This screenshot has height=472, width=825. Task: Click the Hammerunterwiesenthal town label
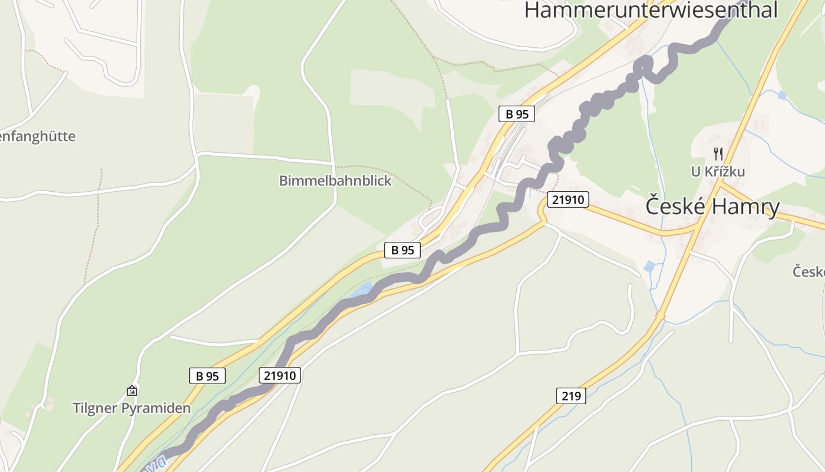click(x=651, y=10)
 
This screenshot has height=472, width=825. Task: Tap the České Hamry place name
click(x=712, y=206)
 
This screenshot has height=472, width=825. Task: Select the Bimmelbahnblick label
click(x=335, y=181)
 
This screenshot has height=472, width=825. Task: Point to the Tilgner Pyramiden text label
click(x=131, y=408)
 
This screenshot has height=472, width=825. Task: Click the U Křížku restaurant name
click(x=718, y=172)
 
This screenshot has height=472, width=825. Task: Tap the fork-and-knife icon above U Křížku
click(x=718, y=154)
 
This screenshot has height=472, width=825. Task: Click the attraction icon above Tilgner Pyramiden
click(x=132, y=391)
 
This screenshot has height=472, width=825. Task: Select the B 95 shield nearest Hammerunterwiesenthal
click(x=517, y=114)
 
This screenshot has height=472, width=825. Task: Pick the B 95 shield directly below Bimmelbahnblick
click(x=402, y=250)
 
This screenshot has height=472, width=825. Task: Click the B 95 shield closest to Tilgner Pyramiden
click(x=207, y=376)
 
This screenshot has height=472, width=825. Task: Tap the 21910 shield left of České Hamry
click(x=568, y=199)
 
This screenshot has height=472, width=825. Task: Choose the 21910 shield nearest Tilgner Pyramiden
click(x=280, y=375)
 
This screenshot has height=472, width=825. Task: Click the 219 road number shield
click(x=571, y=396)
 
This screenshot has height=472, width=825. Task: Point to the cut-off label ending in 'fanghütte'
click(x=37, y=136)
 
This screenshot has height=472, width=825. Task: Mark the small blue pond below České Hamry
click(x=649, y=267)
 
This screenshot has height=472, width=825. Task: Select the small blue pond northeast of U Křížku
click(x=782, y=94)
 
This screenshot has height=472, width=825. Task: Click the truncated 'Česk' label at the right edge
click(x=808, y=272)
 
